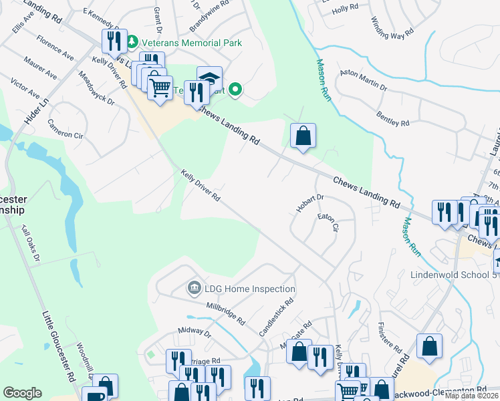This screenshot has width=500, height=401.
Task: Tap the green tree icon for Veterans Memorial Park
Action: pos(132,42)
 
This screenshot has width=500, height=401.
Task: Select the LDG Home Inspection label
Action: pos(250,289)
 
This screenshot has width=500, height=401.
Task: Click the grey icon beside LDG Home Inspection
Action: pos(195,289)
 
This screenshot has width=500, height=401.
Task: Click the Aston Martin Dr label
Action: pos(364,79)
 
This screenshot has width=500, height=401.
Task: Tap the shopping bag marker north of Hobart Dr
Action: pos(303,136)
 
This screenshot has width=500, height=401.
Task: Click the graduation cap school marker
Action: pos(209,77)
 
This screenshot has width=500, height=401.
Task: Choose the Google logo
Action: pos(22,393)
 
